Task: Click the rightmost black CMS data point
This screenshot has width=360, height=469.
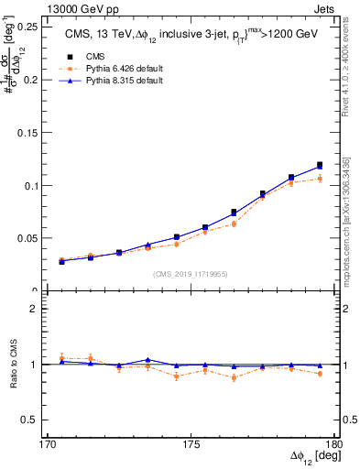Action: pyautogui.click(x=320, y=165)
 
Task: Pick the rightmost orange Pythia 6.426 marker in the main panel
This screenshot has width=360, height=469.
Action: pyautogui.click(x=320, y=179)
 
